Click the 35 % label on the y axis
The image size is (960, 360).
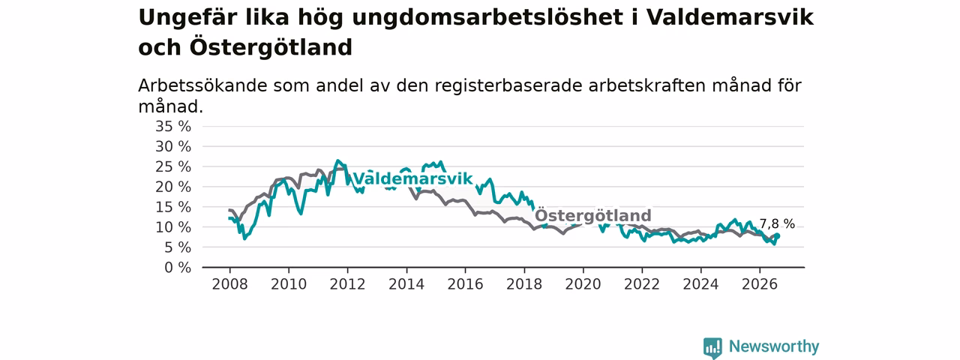click(173, 127)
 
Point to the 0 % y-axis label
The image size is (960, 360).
click(178, 268)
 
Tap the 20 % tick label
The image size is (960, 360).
click(173, 187)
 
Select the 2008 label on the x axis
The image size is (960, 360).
click(229, 284)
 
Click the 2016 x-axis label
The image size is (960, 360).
click(466, 284)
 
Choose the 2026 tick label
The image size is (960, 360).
click(760, 284)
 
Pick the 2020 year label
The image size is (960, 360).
click(583, 284)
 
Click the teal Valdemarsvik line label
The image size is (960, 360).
click(412, 178)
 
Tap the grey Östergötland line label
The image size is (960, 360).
click(593, 214)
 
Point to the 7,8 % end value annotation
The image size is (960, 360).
click(777, 223)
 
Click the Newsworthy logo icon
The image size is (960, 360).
click(712, 347)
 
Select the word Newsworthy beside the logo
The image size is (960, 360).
click(774, 346)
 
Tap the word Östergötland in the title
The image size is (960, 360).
click(271, 47)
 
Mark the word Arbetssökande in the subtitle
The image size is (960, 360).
click(202, 85)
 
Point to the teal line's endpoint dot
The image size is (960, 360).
click(778, 235)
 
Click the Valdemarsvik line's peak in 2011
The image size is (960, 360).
click(337, 160)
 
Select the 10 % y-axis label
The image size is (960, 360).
click(173, 227)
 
